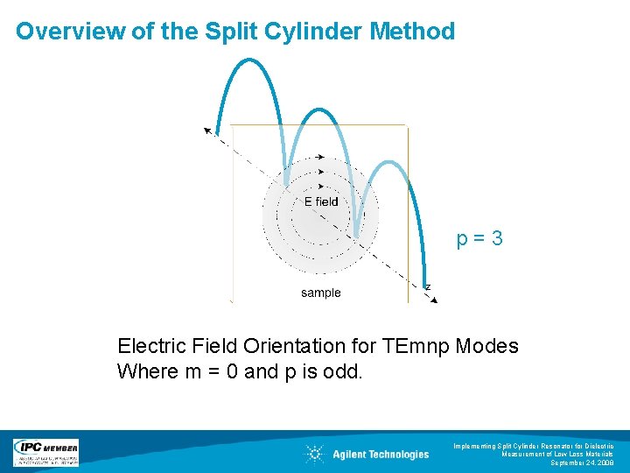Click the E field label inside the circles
pyautogui.click(x=321, y=201)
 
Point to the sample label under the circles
pyautogui.click(x=321, y=293)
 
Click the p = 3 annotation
pyautogui.click(x=479, y=238)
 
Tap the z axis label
pyautogui.click(x=427, y=286)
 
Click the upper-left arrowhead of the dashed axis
pyautogui.click(x=208, y=131)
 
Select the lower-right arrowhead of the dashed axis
pyautogui.click(x=433, y=299)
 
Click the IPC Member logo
pyautogui.click(x=45, y=452)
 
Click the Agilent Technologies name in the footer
pyautogui.click(x=381, y=454)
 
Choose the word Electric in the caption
pyautogui.click(x=151, y=346)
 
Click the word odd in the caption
pyautogui.click(x=344, y=371)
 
